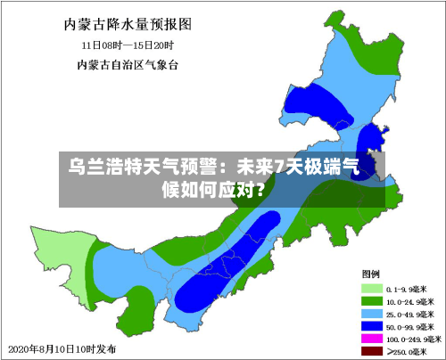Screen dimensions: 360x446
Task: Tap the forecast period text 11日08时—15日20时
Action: point(128,44)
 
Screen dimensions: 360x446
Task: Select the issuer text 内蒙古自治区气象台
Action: point(128,64)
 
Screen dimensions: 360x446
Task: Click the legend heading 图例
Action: point(371,273)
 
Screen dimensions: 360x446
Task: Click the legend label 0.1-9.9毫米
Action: point(408,289)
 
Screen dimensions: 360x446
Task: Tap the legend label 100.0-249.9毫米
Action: point(414,339)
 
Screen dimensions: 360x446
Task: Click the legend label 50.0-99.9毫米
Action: point(411,326)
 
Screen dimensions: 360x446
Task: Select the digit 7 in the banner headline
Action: point(279,167)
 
